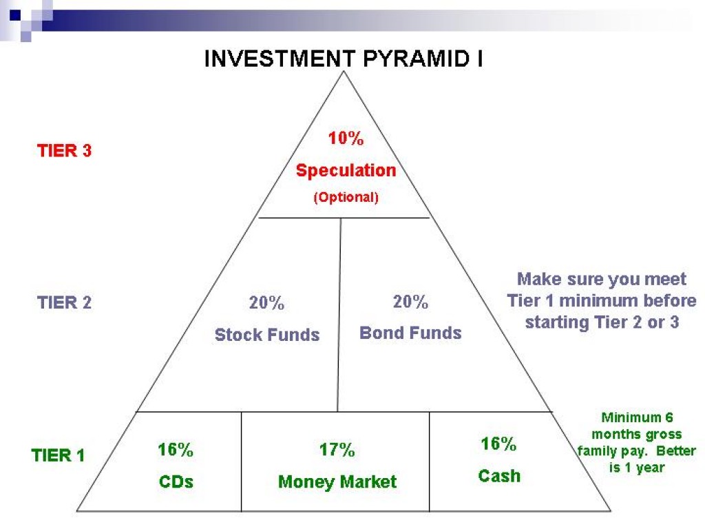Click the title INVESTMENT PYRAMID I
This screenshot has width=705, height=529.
pos(344,59)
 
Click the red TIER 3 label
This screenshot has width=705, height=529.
pos(64,151)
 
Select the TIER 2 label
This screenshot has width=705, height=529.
pos(64,302)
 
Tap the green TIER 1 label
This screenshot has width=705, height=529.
pos(59,455)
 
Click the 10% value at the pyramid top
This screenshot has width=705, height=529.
pos(345,138)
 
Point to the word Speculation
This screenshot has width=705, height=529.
pos(346,170)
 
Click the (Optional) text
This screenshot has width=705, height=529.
pos(346,197)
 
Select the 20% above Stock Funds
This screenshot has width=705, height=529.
pos(266,303)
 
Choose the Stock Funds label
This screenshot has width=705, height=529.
pos(267,335)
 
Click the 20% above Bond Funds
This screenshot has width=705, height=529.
pos(410,302)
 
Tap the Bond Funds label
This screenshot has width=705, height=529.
pos(410,333)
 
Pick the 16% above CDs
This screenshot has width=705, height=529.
pos(176,450)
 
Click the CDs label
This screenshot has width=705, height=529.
pos(176,481)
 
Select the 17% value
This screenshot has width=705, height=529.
pos(337,450)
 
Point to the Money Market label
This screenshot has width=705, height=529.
pos(337,481)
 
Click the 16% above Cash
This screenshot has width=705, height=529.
pos(498,444)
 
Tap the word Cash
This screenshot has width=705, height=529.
pos(499,475)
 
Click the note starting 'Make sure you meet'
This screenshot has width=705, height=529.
pos(602,300)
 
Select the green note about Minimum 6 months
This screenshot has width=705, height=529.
pos(636,442)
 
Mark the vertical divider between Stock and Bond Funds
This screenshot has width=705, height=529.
pos(339,314)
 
